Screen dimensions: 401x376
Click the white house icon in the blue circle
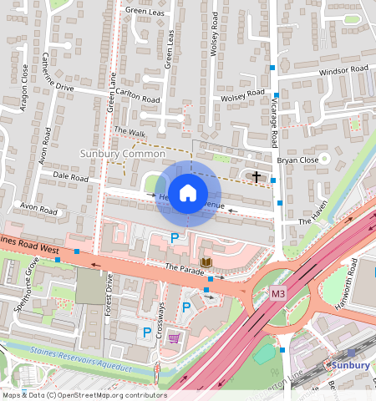(x=188, y=193)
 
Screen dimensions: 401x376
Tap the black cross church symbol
(x=257, y=176)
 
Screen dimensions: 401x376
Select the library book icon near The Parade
(x=206, y=263)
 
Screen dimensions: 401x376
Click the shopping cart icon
(x=174, y=338)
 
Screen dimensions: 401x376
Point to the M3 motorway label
(x=278, y=294)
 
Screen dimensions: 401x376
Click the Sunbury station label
(x=348, y=366)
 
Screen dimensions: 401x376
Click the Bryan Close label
(x=298, y=159)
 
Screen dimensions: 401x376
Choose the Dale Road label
(x=70, y=177)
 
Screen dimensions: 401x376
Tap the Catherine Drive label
(x=53, y=74)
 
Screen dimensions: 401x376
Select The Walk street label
(x=130, y=131)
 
